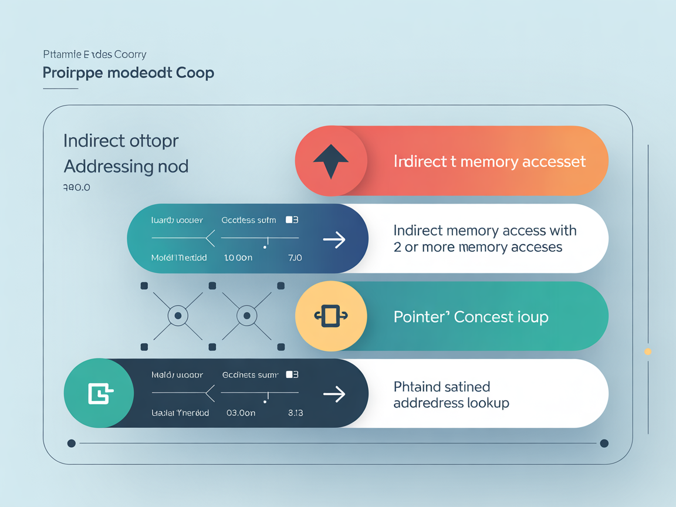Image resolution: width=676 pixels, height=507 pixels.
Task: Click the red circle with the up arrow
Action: coord(331,161)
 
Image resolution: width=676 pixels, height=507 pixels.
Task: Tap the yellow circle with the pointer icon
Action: coord(331,316)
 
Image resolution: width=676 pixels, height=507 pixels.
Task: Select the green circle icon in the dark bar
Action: coord(99,394)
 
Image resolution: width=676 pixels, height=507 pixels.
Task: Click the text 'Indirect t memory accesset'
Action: coord(489,161)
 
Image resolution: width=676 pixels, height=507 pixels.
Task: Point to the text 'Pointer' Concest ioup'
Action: coord(471,317)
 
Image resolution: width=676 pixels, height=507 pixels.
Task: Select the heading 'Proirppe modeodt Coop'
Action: coord(129,73)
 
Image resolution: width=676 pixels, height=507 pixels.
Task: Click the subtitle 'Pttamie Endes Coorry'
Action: coord(94,55)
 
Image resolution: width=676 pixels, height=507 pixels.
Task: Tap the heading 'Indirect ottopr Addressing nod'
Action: coord(126,154)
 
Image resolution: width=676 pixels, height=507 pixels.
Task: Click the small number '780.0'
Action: coord(76,188)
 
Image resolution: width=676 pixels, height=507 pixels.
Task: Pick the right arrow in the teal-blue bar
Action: coord(334,239)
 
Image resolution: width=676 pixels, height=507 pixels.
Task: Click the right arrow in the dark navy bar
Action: coord(334,394)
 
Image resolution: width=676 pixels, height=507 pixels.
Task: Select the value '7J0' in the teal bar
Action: coord(295,258)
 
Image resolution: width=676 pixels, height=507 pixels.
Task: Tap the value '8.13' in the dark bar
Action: coord(295,413)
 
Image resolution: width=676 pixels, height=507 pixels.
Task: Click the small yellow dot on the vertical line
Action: coord(648,351)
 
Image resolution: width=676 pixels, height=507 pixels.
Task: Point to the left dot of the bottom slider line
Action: coord(72,443)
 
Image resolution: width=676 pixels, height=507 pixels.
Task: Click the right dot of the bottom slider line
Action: coord(604,443)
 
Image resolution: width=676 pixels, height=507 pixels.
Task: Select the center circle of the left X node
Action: coord(177,316)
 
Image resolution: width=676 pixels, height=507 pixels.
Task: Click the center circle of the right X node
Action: coord(246,316)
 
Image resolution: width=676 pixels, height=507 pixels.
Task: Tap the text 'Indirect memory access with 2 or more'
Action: coord(485,239)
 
